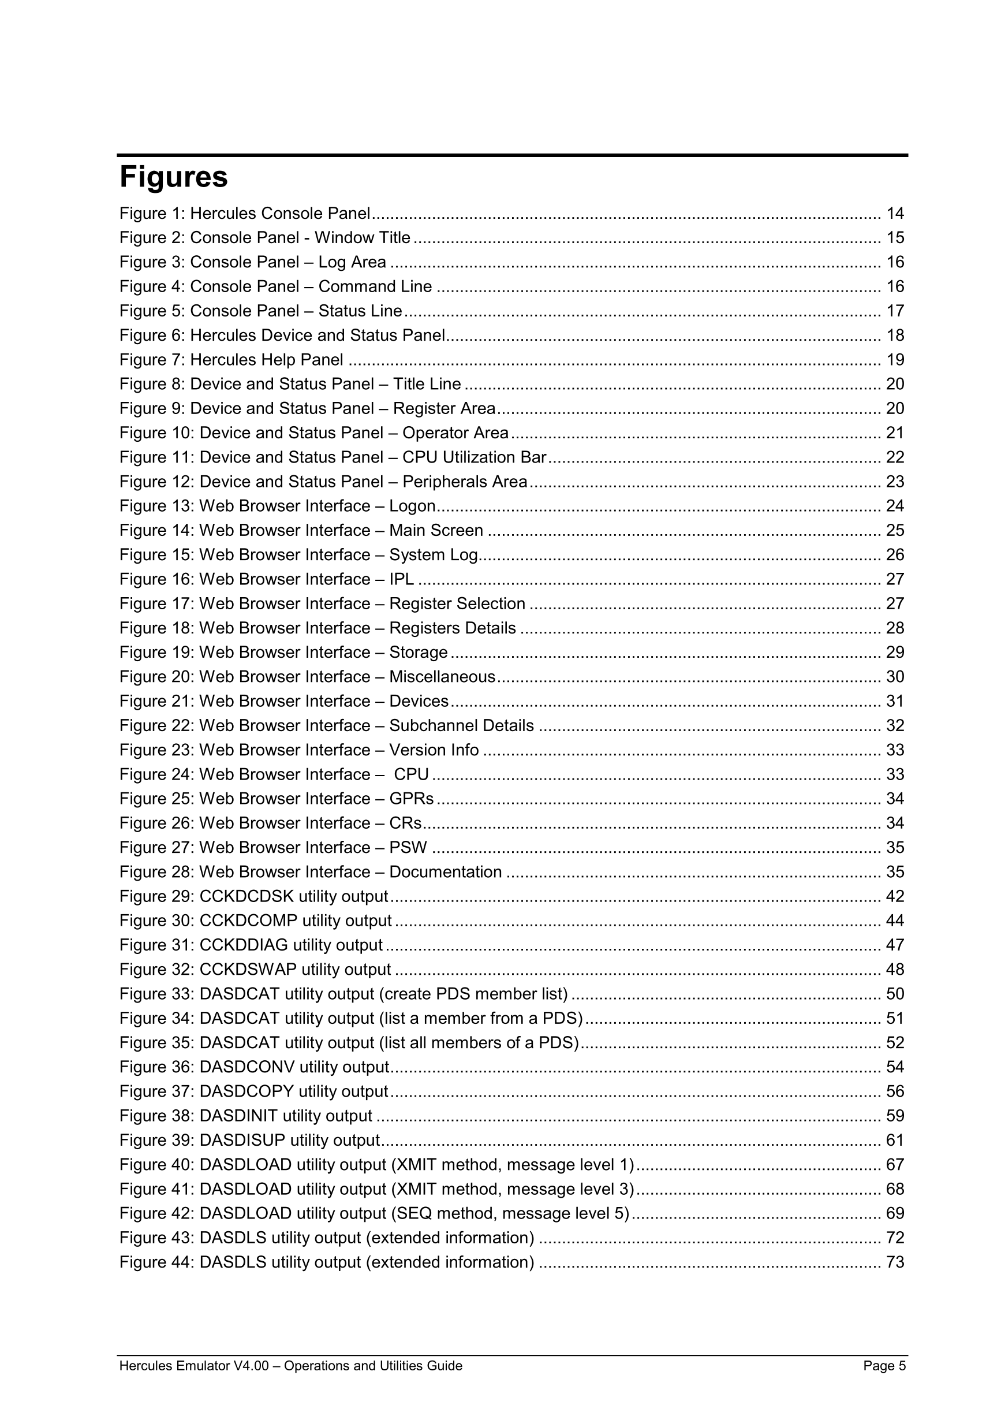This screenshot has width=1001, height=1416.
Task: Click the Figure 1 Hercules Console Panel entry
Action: tap(245, 214)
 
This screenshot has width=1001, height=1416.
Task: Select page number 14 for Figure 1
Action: tap(895, 214)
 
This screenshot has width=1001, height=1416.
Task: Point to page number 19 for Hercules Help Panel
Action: tap(895, 360)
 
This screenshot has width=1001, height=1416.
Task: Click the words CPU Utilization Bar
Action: tap(474, 457)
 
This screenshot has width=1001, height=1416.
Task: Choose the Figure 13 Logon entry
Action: tap(277, 506)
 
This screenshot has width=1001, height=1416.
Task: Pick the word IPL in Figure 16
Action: tap(401, 580)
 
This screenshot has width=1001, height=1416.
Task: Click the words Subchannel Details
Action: tap(461, 726)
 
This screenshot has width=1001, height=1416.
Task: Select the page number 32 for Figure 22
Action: tap(895, 726)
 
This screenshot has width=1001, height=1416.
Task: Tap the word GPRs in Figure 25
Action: tap(411, 799)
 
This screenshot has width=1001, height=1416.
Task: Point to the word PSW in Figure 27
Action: tap(408, 848)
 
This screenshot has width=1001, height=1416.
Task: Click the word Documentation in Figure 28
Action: tap(445, 872)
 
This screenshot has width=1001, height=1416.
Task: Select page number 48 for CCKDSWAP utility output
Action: tap(895, 970)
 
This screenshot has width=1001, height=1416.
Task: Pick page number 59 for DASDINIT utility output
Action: tap(895, 1116)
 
